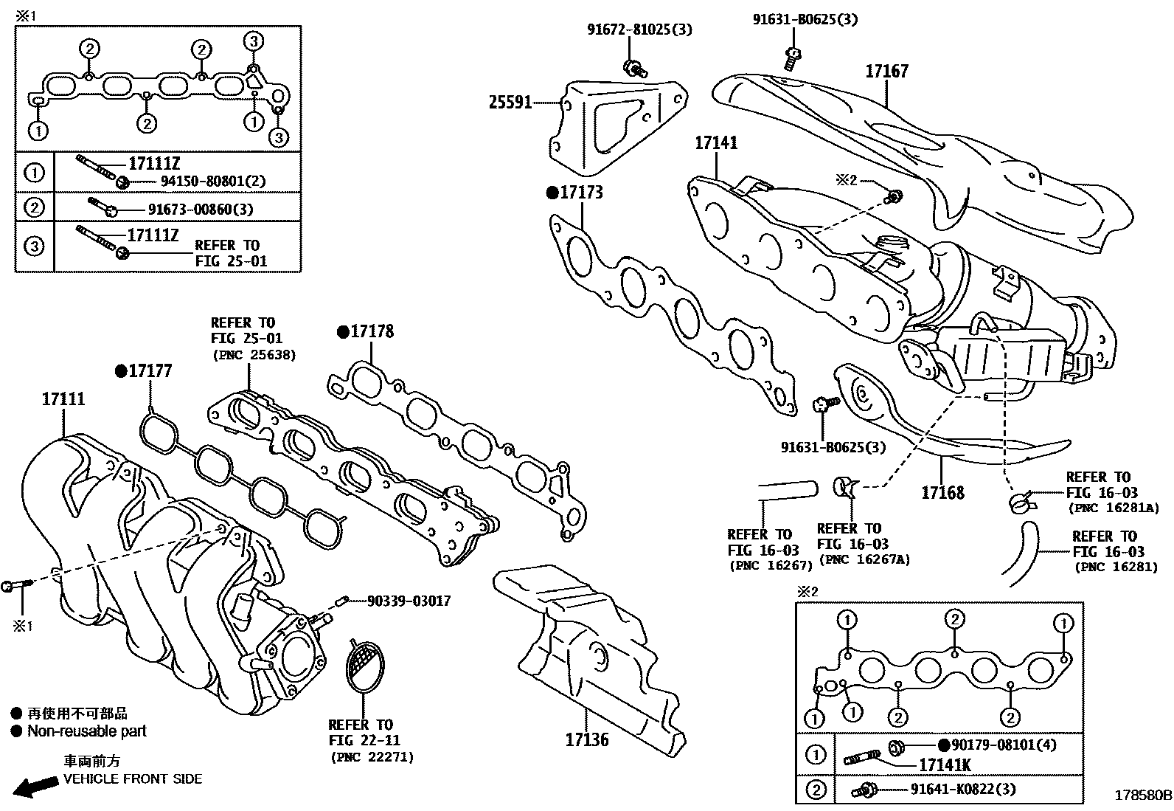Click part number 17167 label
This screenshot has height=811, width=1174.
pyautogui.click(x=886, y=72)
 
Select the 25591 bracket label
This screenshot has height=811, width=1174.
pyautogui.click(x=510, y=103)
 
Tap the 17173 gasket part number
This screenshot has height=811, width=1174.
pyautogui.click(x=581, y=193)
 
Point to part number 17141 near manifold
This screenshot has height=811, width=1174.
pyautogui.click(x=715, y=143)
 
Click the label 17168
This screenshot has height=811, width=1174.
pyautogui.click(x=942, y=492)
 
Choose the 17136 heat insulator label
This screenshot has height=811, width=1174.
pyautogui.click(x=587, y=739)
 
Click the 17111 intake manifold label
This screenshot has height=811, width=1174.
pyautogui.click(x=63, y=399)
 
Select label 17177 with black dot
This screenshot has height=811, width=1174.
pyautogui.click(x=150, y=371)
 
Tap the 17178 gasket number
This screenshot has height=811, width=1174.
pyautogui.click(x=372, y=331)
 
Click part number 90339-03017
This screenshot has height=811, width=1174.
pyautogui.click(x=409, y=601)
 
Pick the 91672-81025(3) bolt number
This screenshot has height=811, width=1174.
pyautogui.click(x=639, y=30)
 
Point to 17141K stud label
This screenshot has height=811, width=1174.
pyautogui.click(x=945, y=765)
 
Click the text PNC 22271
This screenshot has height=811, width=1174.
pyautogui.click(x=371, y=756)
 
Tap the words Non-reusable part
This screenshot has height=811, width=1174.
pyautogui.click(x=86, y=731)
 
